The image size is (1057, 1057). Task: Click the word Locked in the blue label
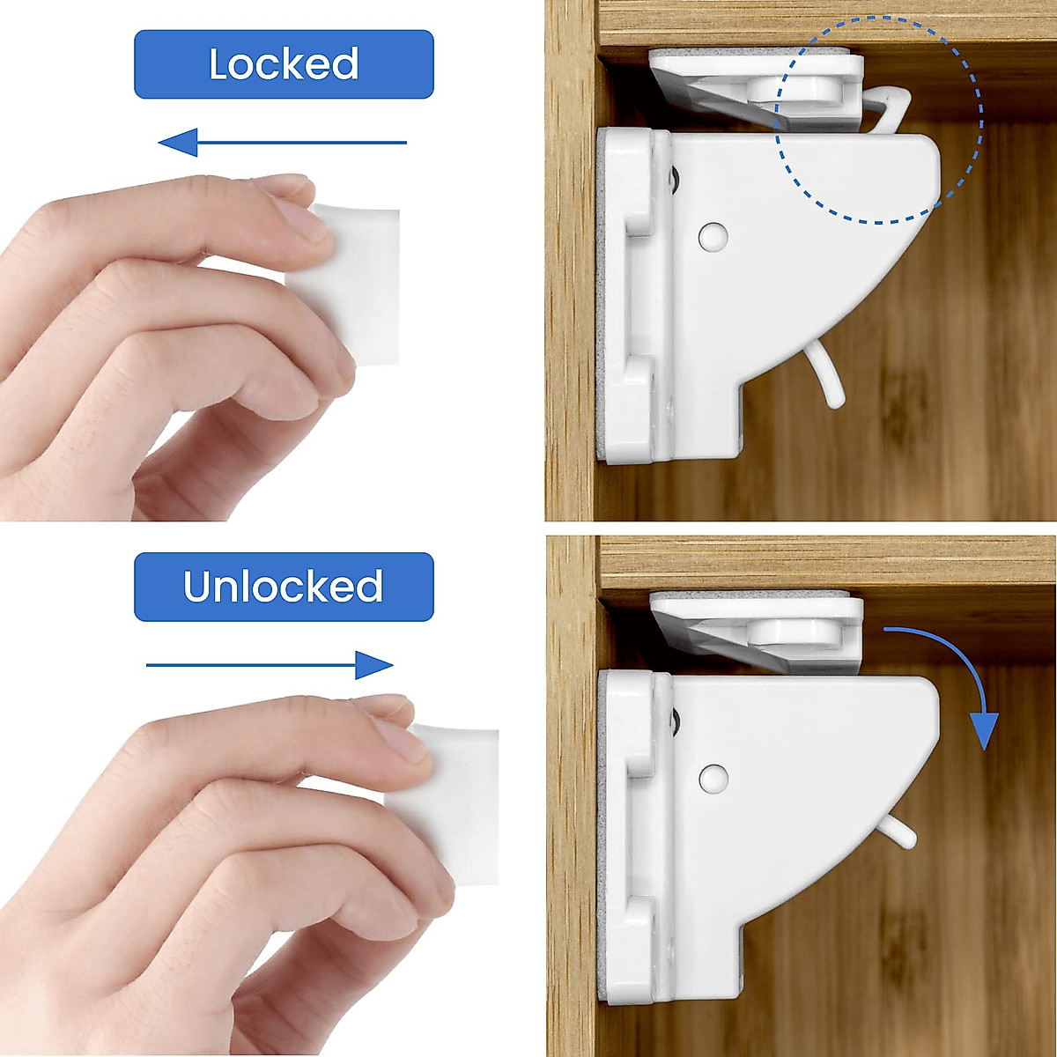[x=284, y=64]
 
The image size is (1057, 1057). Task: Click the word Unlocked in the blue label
[x=284, y=587]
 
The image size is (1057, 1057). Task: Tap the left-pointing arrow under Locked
[x=282, y=142]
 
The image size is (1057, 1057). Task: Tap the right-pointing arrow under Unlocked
[x=269, y=665]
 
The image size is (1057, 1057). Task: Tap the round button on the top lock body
[x=713, y=237]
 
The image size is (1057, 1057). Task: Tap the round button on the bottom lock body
[x=713, y=778]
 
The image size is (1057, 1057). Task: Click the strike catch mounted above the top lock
[x=758, y=88]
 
